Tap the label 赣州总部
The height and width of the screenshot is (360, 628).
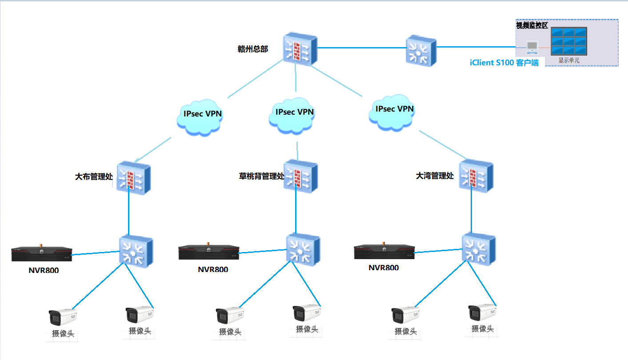pyautogui.click(x=253, y=49)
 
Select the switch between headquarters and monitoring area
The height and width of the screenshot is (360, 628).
pyautogui.click(x=421, y=52)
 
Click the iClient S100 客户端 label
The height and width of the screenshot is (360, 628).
pyautogui.click(x=504, y=63)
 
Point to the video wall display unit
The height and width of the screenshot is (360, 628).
pyautogui.click(x=569, y=41)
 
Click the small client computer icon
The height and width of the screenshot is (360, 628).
pyautogui.click(x=532, y=47)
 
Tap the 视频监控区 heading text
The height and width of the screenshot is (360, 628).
pyautogui.click(x=532, y=25)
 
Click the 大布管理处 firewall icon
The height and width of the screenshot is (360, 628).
pyautogui.click(x=133, y=178)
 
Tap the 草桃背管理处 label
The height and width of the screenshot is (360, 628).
pyautogui.click(x=261, y=176)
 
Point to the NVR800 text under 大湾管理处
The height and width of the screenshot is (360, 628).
pyautogui.click(x=384, y=268)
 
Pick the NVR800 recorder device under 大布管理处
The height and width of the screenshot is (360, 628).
pyautogui.click(x=42, y=254)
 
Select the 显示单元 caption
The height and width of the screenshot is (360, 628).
pyautogui.click(x=569, y=60)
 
